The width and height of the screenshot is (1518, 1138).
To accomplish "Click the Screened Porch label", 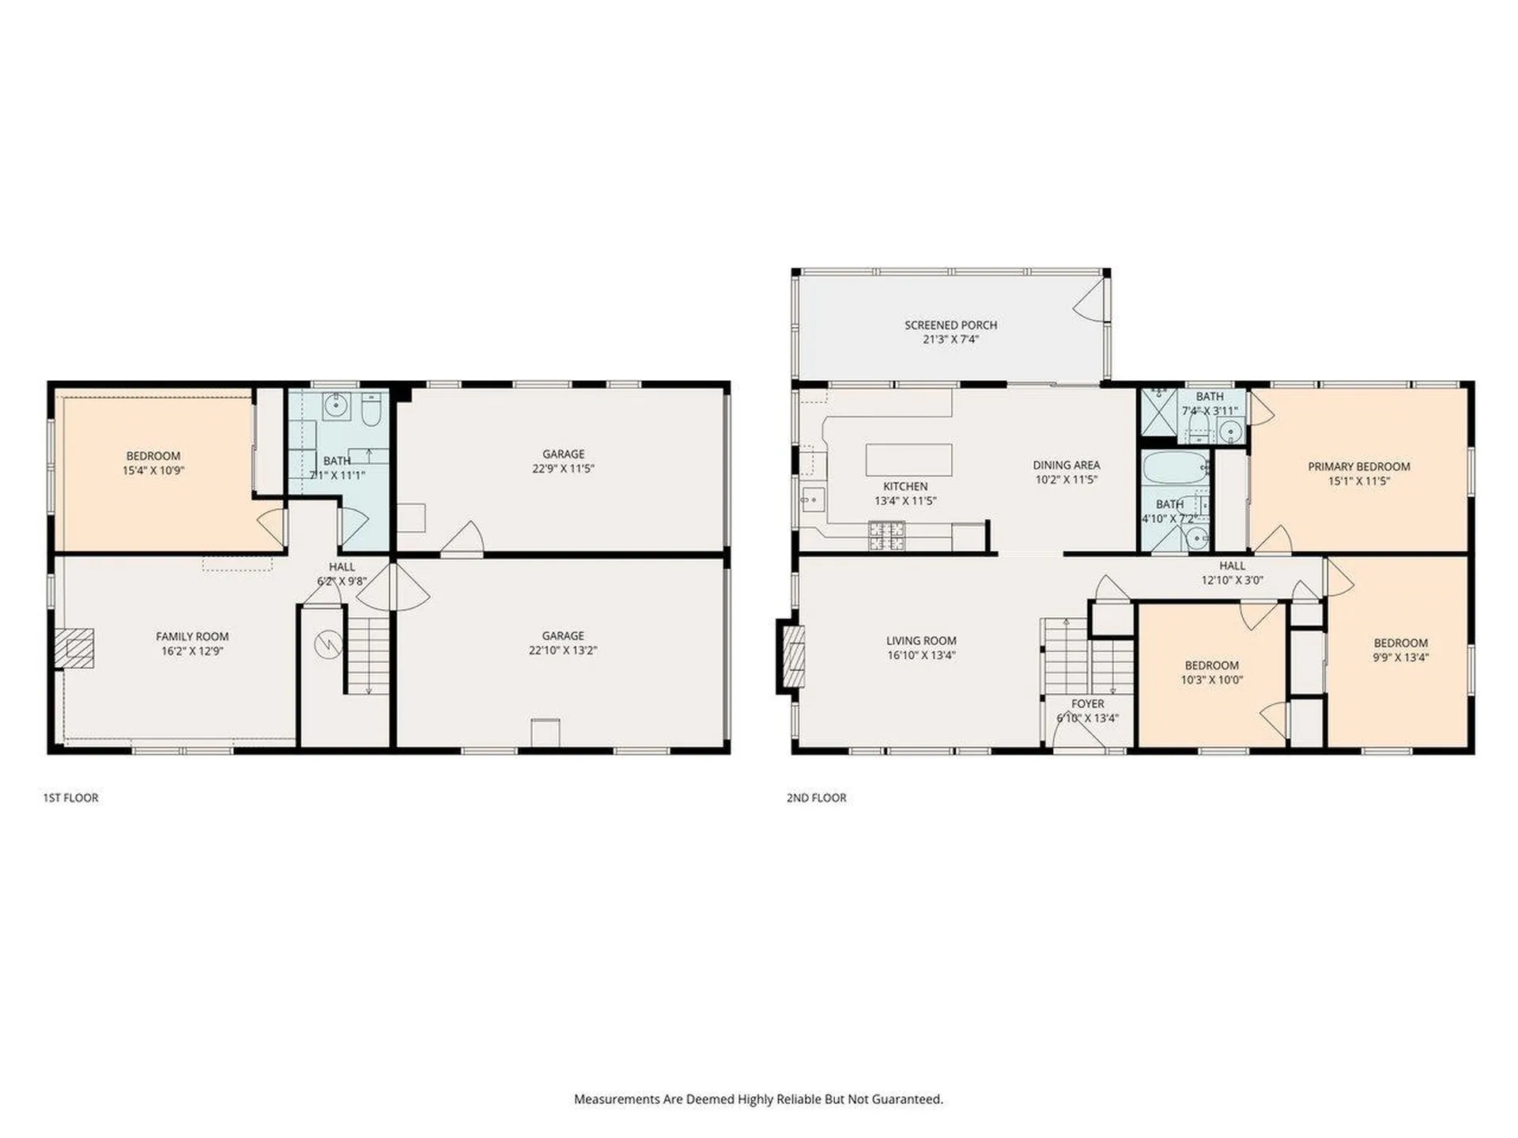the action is pos(950,325).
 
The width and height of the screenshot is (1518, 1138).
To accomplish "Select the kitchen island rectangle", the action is pos(908,459).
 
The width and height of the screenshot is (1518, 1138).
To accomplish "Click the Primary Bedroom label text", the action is pos(1358,466).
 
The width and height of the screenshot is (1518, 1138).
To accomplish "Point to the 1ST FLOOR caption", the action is pos(71,797).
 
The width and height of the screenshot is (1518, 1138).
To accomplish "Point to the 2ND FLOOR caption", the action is pos(816,797).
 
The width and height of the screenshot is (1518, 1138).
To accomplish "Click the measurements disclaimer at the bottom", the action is pos(758,1098).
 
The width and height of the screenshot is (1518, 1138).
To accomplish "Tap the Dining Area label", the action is pos(1066,465).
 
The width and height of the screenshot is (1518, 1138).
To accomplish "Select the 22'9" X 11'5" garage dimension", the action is pos(563,468).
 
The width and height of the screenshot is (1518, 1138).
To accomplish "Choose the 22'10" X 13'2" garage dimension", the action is pos(563,650).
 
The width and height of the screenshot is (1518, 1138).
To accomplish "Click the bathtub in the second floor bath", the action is pos(1176,468).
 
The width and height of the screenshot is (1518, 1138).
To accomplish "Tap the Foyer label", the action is pos(1088,703).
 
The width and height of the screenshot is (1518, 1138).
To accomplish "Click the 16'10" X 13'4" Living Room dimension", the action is pos(921,654).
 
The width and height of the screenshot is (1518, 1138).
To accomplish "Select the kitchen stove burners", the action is pos(886,536).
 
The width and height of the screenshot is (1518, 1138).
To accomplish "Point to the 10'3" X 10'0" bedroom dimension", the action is pos(1211,679).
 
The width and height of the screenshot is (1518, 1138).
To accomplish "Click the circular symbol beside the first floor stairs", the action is pos(327,645).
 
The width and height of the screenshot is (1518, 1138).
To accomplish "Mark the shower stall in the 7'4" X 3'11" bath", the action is pos(1158,410).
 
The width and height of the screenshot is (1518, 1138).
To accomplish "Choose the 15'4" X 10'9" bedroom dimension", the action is pos(153,470).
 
